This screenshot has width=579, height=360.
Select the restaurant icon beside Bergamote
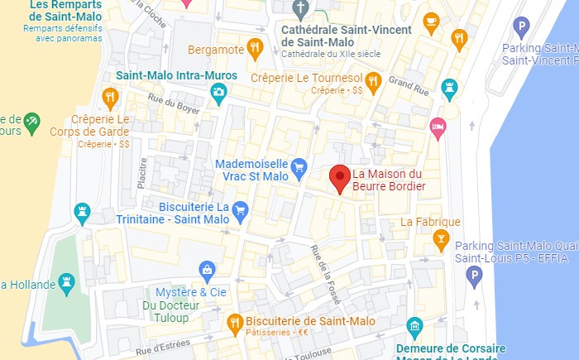255,49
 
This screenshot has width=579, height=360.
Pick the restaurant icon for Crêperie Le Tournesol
373,80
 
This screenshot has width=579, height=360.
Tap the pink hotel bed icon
438,127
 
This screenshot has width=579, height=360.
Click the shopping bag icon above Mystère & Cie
206,270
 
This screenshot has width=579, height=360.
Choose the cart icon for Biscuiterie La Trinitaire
240,208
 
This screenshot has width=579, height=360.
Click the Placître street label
142,173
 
